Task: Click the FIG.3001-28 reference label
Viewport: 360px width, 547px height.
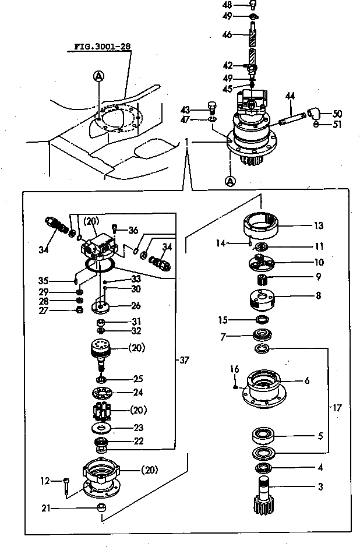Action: (101, 46)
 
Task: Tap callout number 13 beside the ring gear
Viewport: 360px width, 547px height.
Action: (318, 226)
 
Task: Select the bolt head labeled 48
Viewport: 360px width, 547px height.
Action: (253, 5)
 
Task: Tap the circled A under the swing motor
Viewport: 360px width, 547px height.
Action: (231, 181)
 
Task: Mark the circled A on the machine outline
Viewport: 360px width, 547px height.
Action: (99, 75)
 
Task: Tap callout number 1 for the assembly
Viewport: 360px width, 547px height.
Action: (186, 142)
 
